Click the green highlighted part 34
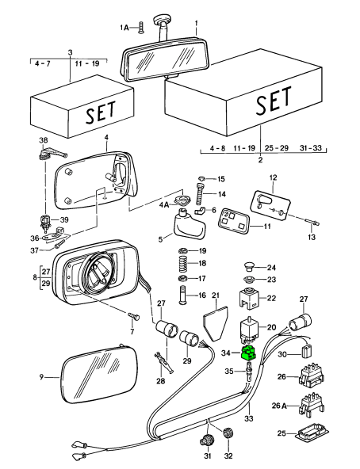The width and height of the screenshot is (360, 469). (x=248, y=353)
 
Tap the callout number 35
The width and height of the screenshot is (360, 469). (x=229, y=372)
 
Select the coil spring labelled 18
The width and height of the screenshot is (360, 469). (x=183, y=263)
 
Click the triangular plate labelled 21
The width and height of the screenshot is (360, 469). (x=215, y=323)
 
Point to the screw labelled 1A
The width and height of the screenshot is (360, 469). (x=141, y=27)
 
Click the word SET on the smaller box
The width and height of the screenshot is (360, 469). (x=101, y=112)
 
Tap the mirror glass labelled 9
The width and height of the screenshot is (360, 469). (x=99, y=376)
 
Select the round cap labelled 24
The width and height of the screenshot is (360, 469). (x=248, y=266)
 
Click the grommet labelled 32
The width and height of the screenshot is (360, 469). (x=228, y=433)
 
